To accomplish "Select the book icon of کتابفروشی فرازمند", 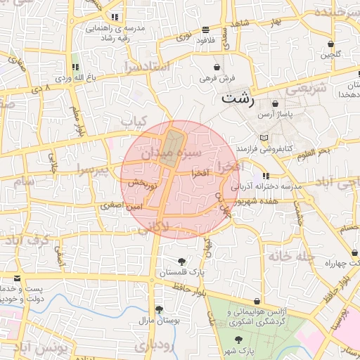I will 264,138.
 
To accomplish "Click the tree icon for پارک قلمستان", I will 182,262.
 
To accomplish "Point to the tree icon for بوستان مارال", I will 159,309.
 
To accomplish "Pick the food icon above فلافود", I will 205,30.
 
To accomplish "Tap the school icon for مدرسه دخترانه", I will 266,176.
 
